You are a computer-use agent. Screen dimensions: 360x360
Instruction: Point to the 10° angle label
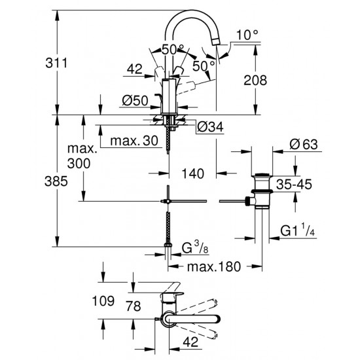click(245, 34)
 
